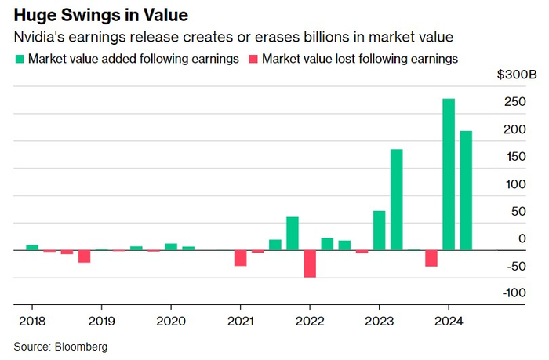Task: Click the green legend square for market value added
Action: [x=19, y=59]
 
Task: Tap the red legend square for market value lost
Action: [x=253, y=59]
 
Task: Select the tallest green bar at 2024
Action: [x=449, y=174]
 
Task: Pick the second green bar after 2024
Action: [x=466, y=191]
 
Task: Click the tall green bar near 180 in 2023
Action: [x=397, y=199]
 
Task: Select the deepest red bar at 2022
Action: [x=310, y=264]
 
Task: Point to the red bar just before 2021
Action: [x=240, y=258]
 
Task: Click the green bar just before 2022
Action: [x=293, y=234]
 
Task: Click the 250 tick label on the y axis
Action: [x=514, y=102]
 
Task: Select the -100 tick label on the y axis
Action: [x=513, y=293]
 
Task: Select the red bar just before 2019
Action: [x=84, y=256]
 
